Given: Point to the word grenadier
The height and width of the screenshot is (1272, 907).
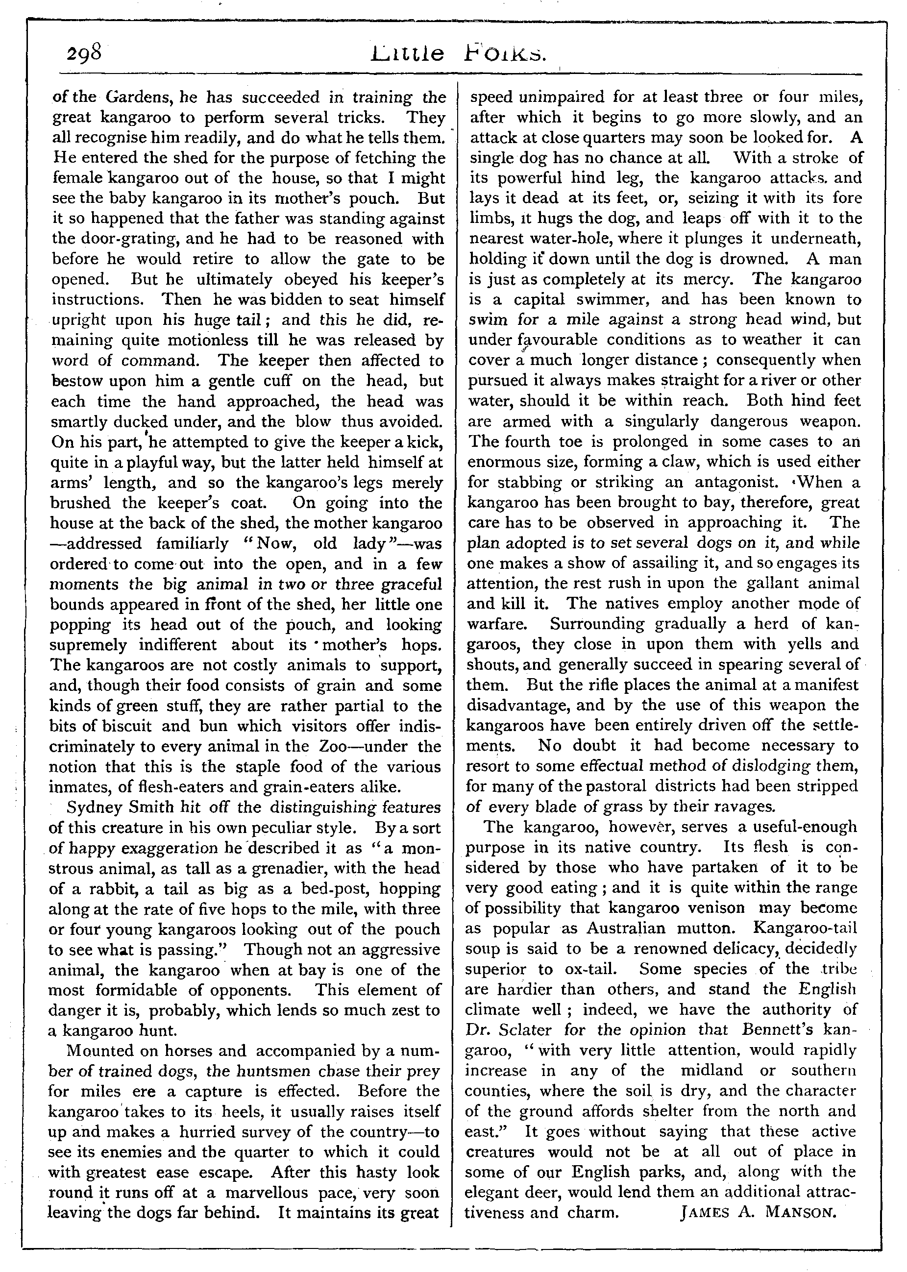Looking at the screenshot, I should [316, 868].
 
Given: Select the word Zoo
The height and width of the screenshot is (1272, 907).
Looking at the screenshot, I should [336, 746].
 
